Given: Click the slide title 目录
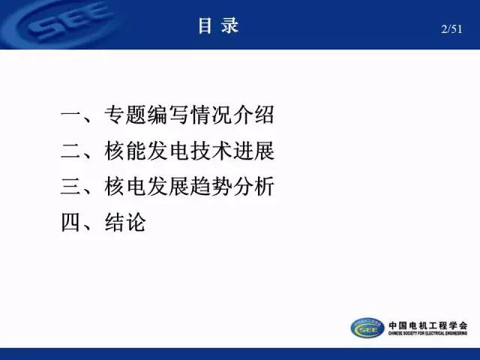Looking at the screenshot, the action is pyautogui.click(x=218, y=25).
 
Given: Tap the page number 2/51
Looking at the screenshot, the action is pyautogui.click(x=451, y=29).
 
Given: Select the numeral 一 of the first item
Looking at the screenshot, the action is pyautogui.click(x=70, y=115).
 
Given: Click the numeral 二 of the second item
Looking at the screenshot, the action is pyautogui.click(x=70, y=151).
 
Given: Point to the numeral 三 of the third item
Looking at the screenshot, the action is pyautogui.click(x=70, y=187).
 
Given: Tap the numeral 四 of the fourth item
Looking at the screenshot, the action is pyautogui.click(x=70, y=223).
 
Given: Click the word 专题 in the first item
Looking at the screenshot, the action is pyautogui.click(x=125, y=115).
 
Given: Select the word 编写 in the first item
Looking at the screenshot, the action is pyautogui.click(x=168, y=115).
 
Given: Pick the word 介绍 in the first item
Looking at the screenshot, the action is pyautogui.click(x=253, y=115).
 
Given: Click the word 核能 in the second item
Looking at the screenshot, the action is pyautogui.click(x=125, y=151).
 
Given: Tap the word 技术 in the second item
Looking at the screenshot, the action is pyautogui.click(x=211, y=151).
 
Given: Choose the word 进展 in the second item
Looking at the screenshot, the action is pyautogui.click(x=253, y=151).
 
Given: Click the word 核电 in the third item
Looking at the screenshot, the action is pyautogui.click(x=125, y=187).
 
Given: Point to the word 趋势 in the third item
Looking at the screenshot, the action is pyautogui.click(x=211, y=187).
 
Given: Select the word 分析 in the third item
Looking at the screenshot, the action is pyautogui.click(x=253, y=187).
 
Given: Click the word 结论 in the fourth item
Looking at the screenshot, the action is pyautogui.click(x=125, y=222).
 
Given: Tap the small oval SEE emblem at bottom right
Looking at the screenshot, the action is pyautogui.click(x=367, y=328).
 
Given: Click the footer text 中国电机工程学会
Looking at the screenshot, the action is pyautogui.click(x=428, y=325).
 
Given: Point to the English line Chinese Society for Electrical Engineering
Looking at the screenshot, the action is pyautogui.click(x=428, y=333).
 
